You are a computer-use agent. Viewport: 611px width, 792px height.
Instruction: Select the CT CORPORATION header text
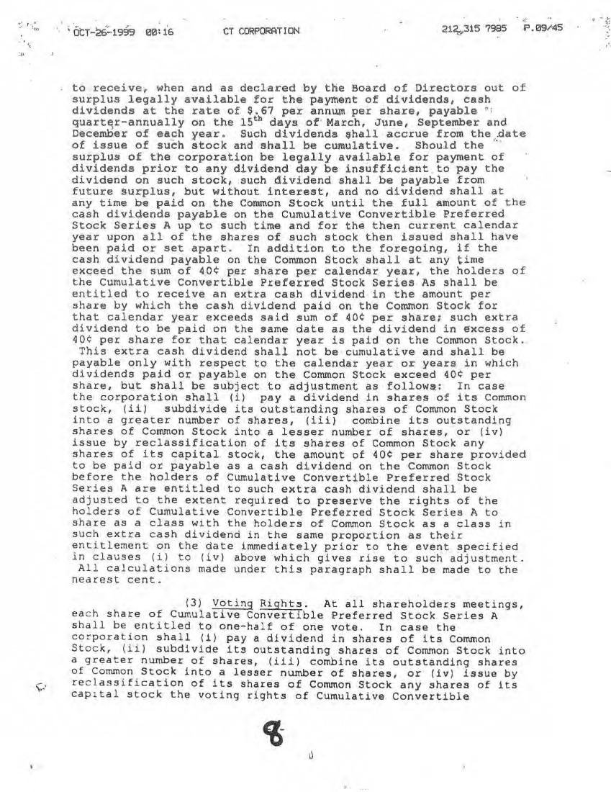(261, 31)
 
